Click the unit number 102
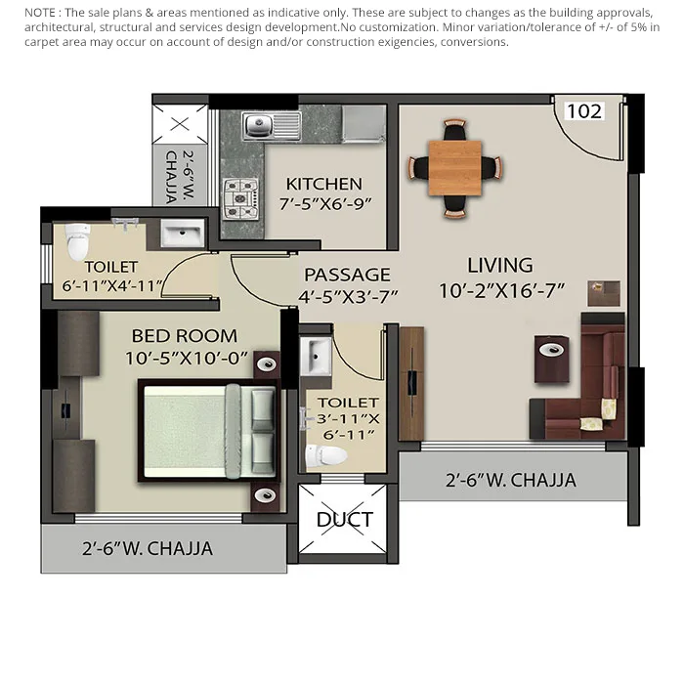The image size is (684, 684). (x=584, y=111)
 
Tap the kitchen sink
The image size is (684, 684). (x=272, y=126)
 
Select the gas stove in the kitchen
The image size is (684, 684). (x=240, y=199)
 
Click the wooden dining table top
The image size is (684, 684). (x=455, y=168)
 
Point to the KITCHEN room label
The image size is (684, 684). (x=324, y=184)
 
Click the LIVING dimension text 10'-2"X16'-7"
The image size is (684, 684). (x=501, y=291)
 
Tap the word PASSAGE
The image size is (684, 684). (x=347, y=275)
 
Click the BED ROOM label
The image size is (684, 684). (x=185, y=336)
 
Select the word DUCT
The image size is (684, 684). (x=345, y=520)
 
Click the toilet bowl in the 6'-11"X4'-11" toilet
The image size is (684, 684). (x=77, y=241)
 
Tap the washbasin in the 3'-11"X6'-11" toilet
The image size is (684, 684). (x=316, y=356)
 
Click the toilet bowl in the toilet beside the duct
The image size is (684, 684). (x=325, y=456)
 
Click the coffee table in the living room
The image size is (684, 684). (x=552, y=359)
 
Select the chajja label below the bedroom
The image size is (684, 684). (x=148, y=549)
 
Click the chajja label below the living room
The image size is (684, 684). (x=511, y=481)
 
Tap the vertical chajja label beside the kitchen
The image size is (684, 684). (x=180, y=177)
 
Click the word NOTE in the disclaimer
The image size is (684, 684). (x=40, y=13)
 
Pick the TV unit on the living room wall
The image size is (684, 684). (x=411, y=384)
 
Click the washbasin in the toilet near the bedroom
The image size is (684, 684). (x=183, y=233)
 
